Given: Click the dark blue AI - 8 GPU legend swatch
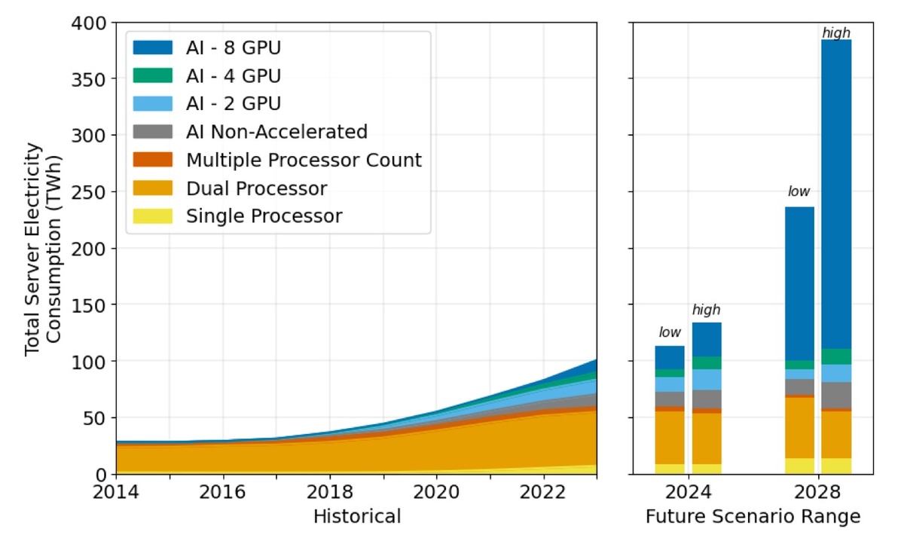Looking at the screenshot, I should click(x=153, y=48).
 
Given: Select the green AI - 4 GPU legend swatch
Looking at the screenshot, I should click(x=153, y=76).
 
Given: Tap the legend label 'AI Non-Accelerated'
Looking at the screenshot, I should click(x=276, y=132).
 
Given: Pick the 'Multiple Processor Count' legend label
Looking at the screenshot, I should click(x=304, y=160).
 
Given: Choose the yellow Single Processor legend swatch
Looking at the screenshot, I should click(x=153, y=216).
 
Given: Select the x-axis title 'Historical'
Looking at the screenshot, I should click(x=356, y=516).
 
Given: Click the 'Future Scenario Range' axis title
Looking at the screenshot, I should click(x=753, y=516).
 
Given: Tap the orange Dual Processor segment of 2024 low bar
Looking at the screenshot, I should click(x=670, y=437).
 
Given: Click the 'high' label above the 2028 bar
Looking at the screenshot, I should click(x=836, y=32).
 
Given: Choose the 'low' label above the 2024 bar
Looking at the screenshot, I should click(x=670, y=332).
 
